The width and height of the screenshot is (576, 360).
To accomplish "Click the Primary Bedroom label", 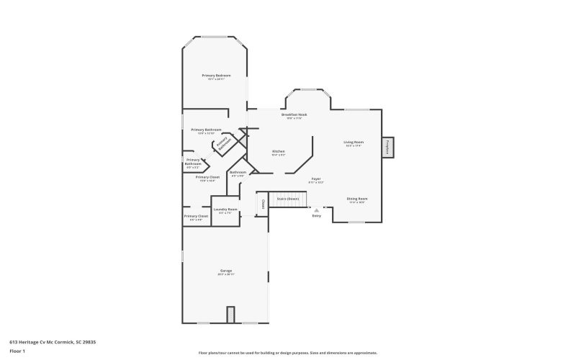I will pyautogui.click(x=216, y=75).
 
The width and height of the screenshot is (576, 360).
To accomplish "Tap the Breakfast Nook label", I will pyautogui.click(x=294, y=114).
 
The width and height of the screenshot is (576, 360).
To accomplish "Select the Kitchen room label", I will pyautogui.click(x=279, y=151).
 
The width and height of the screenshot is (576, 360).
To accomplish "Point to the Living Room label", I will pyautogui.click(x=354, y=142).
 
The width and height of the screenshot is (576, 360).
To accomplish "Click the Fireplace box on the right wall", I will pyautogui.click(x=387, y=147).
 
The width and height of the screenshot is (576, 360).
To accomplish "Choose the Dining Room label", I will pyautogui.click(x=357, y=198).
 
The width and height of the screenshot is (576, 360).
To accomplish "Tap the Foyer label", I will pyautogui.click(x=316, y=179).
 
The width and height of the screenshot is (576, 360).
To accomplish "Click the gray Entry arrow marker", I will pyautogui.click(x=316, y=210).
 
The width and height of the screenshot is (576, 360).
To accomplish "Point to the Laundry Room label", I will pyautogui.click(x=225, y=210).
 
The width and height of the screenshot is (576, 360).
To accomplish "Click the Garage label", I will pyautogui.click(x=226, y=271).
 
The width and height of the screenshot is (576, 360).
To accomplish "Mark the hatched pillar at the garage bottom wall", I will pyautogui.click(x=230, y=315).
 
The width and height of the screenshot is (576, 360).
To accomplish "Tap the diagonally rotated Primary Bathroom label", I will pyautogui.click(x=222, y=143).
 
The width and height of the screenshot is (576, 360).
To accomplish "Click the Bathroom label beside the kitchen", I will pyautogui.click(x=238, y=172).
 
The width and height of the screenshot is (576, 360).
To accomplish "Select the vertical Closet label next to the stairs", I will pyautogui.click(x=263, y=204).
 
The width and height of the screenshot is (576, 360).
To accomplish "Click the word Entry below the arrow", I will pyautogui.click(x=316, y=216).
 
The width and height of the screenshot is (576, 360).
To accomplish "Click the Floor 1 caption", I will pyautogui.click(x=17, y=351).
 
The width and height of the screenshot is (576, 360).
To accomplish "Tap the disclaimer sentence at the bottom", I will pyautogui.click(x=287, y=353).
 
